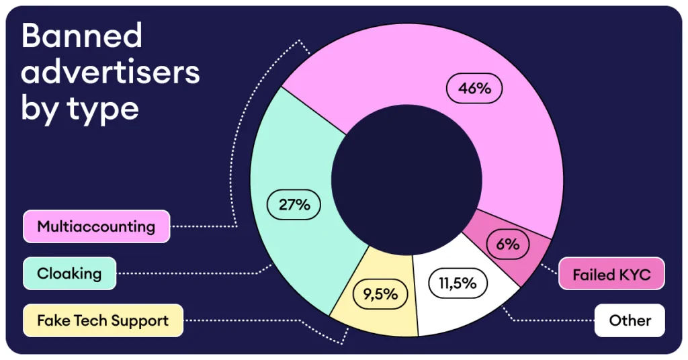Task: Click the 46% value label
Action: [x=475, y=89]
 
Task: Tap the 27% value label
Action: [x=294, y=205]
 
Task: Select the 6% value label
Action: [x=508, y=244]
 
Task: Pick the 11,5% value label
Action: [x=458, y=283]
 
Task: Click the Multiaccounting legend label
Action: [x=96, y=226]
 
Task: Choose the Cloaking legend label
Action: [x=69, y=273]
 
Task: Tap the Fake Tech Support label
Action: [x=103, y=320]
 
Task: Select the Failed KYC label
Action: [x=611, y=274]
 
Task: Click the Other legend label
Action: [x=630, y=320]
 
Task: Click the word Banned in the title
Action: [x=82, y=35]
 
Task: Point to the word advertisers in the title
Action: [x=111, y=71]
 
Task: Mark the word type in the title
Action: [x=103, y=108]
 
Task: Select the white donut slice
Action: [x=464, y=306]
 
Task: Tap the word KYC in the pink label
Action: [x=635, y=274]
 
